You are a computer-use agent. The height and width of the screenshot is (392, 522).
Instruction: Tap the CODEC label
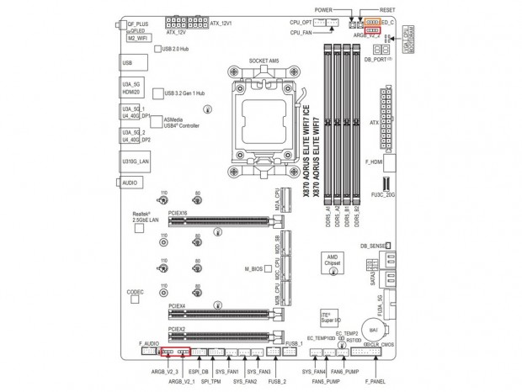(x=135, y=291)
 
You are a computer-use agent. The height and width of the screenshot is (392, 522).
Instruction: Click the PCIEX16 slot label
(x=178, y=214)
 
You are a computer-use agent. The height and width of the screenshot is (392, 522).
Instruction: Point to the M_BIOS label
(x=255, y=269)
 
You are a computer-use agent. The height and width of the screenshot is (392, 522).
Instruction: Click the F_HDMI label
(x=374, y=160)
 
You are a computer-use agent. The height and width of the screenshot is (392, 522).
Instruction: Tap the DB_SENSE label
(x=373, y=246)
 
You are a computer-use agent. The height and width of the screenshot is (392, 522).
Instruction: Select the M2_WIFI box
(x=137, y=39)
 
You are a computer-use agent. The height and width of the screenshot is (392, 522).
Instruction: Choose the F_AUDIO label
(x=149, y=345)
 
